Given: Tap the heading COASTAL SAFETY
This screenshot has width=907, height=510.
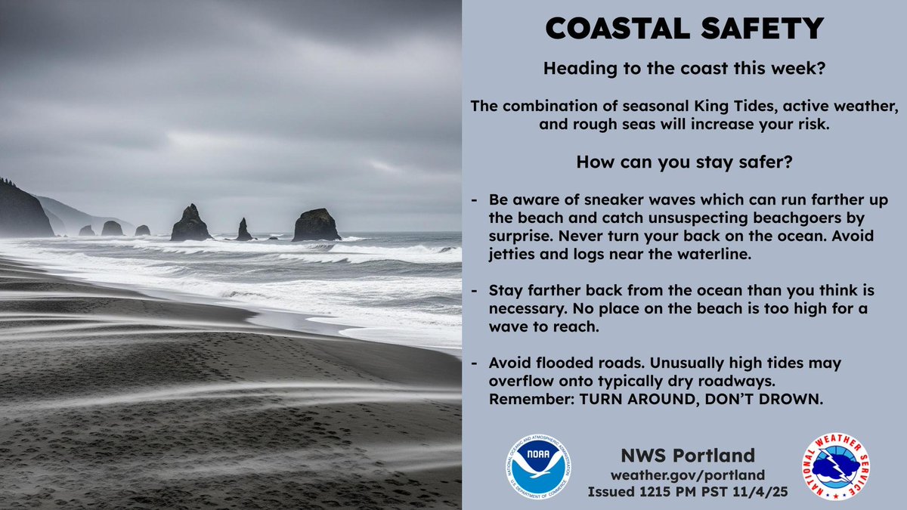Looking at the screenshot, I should coord(684,29).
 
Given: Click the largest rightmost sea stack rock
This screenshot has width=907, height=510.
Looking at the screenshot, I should coord(316,226).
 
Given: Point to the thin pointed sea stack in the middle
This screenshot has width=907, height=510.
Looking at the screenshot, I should coord(243,230).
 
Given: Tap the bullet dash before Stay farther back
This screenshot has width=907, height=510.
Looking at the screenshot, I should coord(474,291).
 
